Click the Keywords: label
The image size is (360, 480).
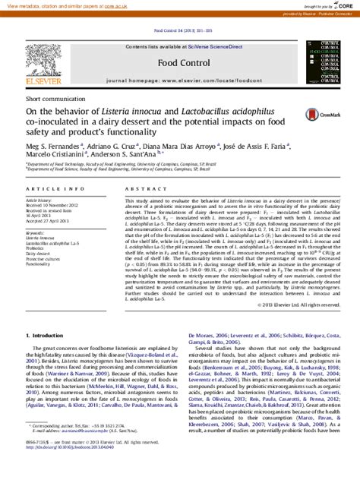36,232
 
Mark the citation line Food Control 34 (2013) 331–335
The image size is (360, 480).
180,31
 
